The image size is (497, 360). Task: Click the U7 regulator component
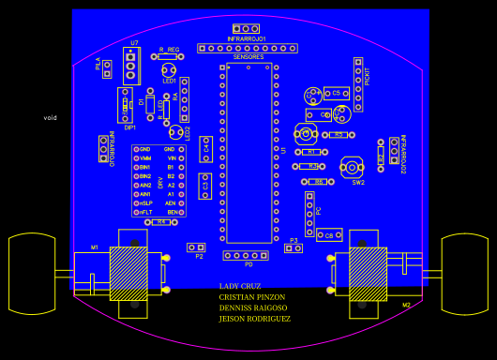click(131, 66)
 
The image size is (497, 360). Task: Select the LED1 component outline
click(169, 70)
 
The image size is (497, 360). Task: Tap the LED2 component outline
click(175, 132)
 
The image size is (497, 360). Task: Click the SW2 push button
click(352, 168)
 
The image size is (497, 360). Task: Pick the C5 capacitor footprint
click(336, 94)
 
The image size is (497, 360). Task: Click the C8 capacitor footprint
click(329, 234)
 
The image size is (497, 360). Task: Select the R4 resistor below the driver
click(161, 222)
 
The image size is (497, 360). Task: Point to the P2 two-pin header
click(196, 247)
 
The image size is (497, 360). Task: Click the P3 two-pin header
click(294, 248)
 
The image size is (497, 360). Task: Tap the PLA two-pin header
click(107, 68)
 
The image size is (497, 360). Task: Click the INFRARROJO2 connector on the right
click(395, 150)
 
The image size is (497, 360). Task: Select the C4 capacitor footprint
click(205, 148)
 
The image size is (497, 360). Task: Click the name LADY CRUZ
click(240, 286)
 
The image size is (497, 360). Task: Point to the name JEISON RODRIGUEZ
click(255, 319)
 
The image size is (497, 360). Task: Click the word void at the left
click(51, 118)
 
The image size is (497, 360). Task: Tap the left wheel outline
click(32, 274)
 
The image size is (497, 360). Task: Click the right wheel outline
click(465, 274)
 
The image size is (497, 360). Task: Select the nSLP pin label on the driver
click(144, 202)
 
